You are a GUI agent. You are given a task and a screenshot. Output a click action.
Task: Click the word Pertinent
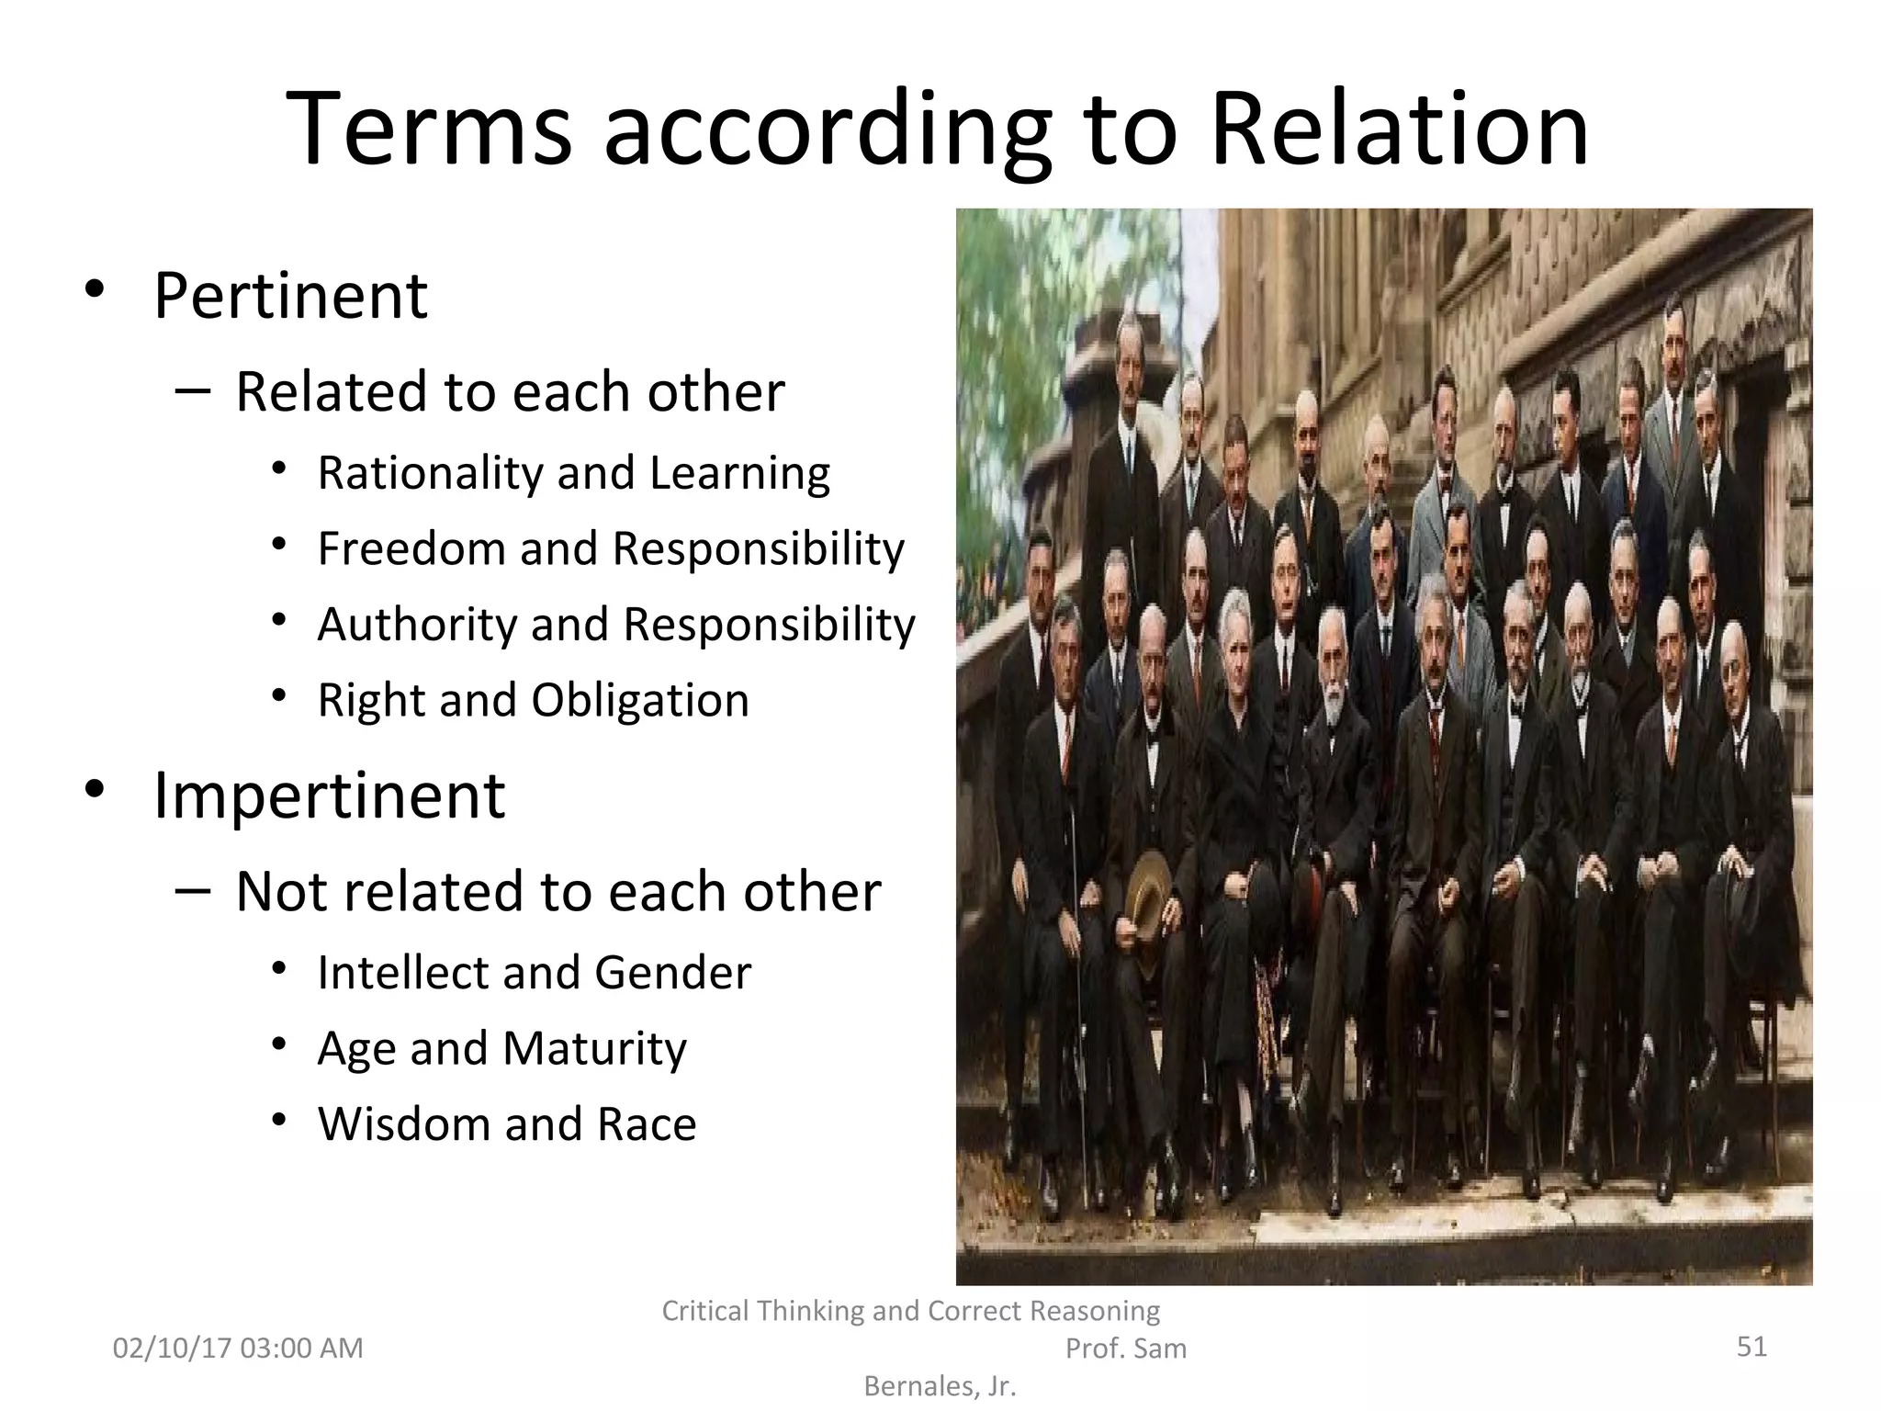pos(290,296)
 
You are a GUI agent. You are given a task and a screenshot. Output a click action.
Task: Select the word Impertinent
pos(329,796)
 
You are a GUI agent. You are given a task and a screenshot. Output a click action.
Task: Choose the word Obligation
pos(640,700)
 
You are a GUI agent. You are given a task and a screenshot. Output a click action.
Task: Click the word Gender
pos(672,973)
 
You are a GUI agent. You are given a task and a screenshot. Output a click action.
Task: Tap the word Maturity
pos(594,1049)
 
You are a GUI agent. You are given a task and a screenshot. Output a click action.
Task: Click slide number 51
pos(1751,1347)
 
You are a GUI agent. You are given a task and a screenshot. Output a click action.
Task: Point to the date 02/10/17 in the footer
pos(172,1349)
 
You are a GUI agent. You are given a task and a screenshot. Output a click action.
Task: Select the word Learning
pos(739,474)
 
